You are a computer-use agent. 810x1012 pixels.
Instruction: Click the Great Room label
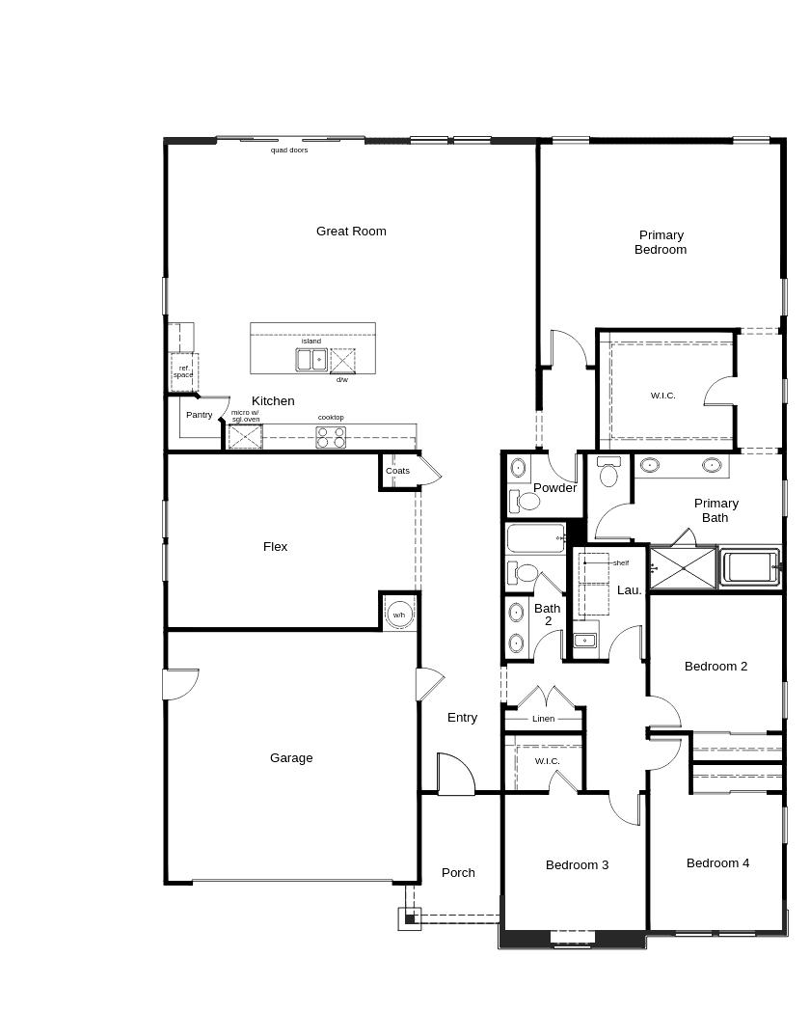[x=351, y=232]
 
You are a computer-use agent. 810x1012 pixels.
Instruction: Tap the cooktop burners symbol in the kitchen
[x=331, y=437]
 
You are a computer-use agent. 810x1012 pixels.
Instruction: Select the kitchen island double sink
[x=311, y=360]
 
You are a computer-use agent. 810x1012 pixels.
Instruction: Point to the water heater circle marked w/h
[x=399, y=615]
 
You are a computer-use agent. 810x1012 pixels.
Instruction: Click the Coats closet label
[x=397, y=471]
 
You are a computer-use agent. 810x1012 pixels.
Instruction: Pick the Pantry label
[x=200, y=415]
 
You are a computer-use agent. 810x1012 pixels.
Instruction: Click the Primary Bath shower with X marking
[x=683, y=568]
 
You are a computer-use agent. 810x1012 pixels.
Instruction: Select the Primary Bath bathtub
[x=750, y=567]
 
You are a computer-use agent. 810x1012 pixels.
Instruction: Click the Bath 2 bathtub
[x=536, y=538]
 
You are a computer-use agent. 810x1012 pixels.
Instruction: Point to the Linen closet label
[x=544, y=719]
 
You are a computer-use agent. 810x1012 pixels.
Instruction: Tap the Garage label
[x=291, y=757]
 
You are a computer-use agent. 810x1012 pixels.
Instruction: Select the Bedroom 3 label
[x=578, y=864]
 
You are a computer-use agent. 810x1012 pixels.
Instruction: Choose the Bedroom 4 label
[x=717, y=862]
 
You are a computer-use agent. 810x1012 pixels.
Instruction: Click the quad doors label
[x=289, y=150]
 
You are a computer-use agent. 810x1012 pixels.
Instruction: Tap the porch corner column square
[x=410, y=918]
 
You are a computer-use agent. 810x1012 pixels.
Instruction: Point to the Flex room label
[x=276, y=547]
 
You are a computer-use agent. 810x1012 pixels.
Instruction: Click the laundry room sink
[x=585, y=641]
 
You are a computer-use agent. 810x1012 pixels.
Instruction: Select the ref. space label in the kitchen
[x=184, y=371]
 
